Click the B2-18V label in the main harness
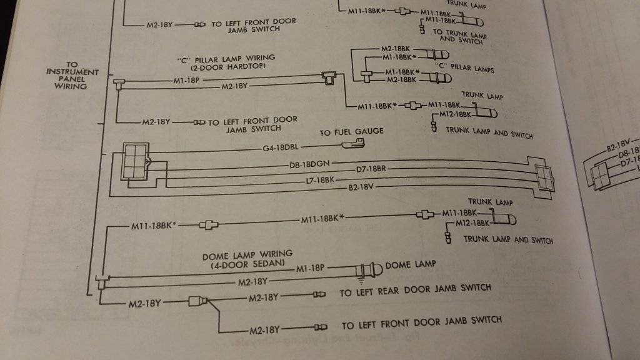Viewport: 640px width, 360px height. [362, 186]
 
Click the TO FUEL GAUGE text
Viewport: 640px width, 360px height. [351, 132]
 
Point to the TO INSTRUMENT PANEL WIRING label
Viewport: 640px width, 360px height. [72, 75]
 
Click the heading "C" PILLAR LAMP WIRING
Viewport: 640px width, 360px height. [226, 58]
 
